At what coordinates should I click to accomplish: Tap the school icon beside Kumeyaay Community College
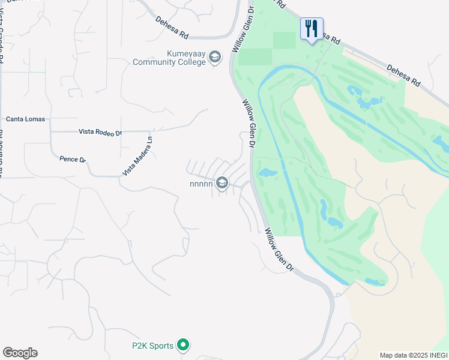pyautogui.click(x=215, y=58)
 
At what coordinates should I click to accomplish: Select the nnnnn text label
pyautogui.click(x=201, y=184)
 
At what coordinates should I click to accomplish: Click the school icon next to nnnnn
pyautogui.click(x=222, y=182)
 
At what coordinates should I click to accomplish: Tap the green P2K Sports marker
pyautogui.click(x=184, y=345)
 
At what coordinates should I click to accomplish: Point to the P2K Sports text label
pyautogui.click(x=153, y=346)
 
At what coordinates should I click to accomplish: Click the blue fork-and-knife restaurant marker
pyautogui.click(x=312, y=28)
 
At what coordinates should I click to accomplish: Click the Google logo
pyautogui.click(x=20, y=353)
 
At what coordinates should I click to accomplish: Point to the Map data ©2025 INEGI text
pyautogui.click(x=414, y=355)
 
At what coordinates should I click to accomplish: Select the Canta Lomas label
pyautogui.click(x=26, y=119)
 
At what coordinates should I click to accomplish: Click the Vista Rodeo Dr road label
pyautogui.click(x=100, y=132)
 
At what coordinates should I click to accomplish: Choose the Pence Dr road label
pyautogui.click(x=73, y=160)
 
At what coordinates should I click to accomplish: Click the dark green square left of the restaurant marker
pyautogui.click(x=285, y=40)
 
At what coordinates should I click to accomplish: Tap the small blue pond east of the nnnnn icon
pyautogui.click(x=266, y=173)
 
